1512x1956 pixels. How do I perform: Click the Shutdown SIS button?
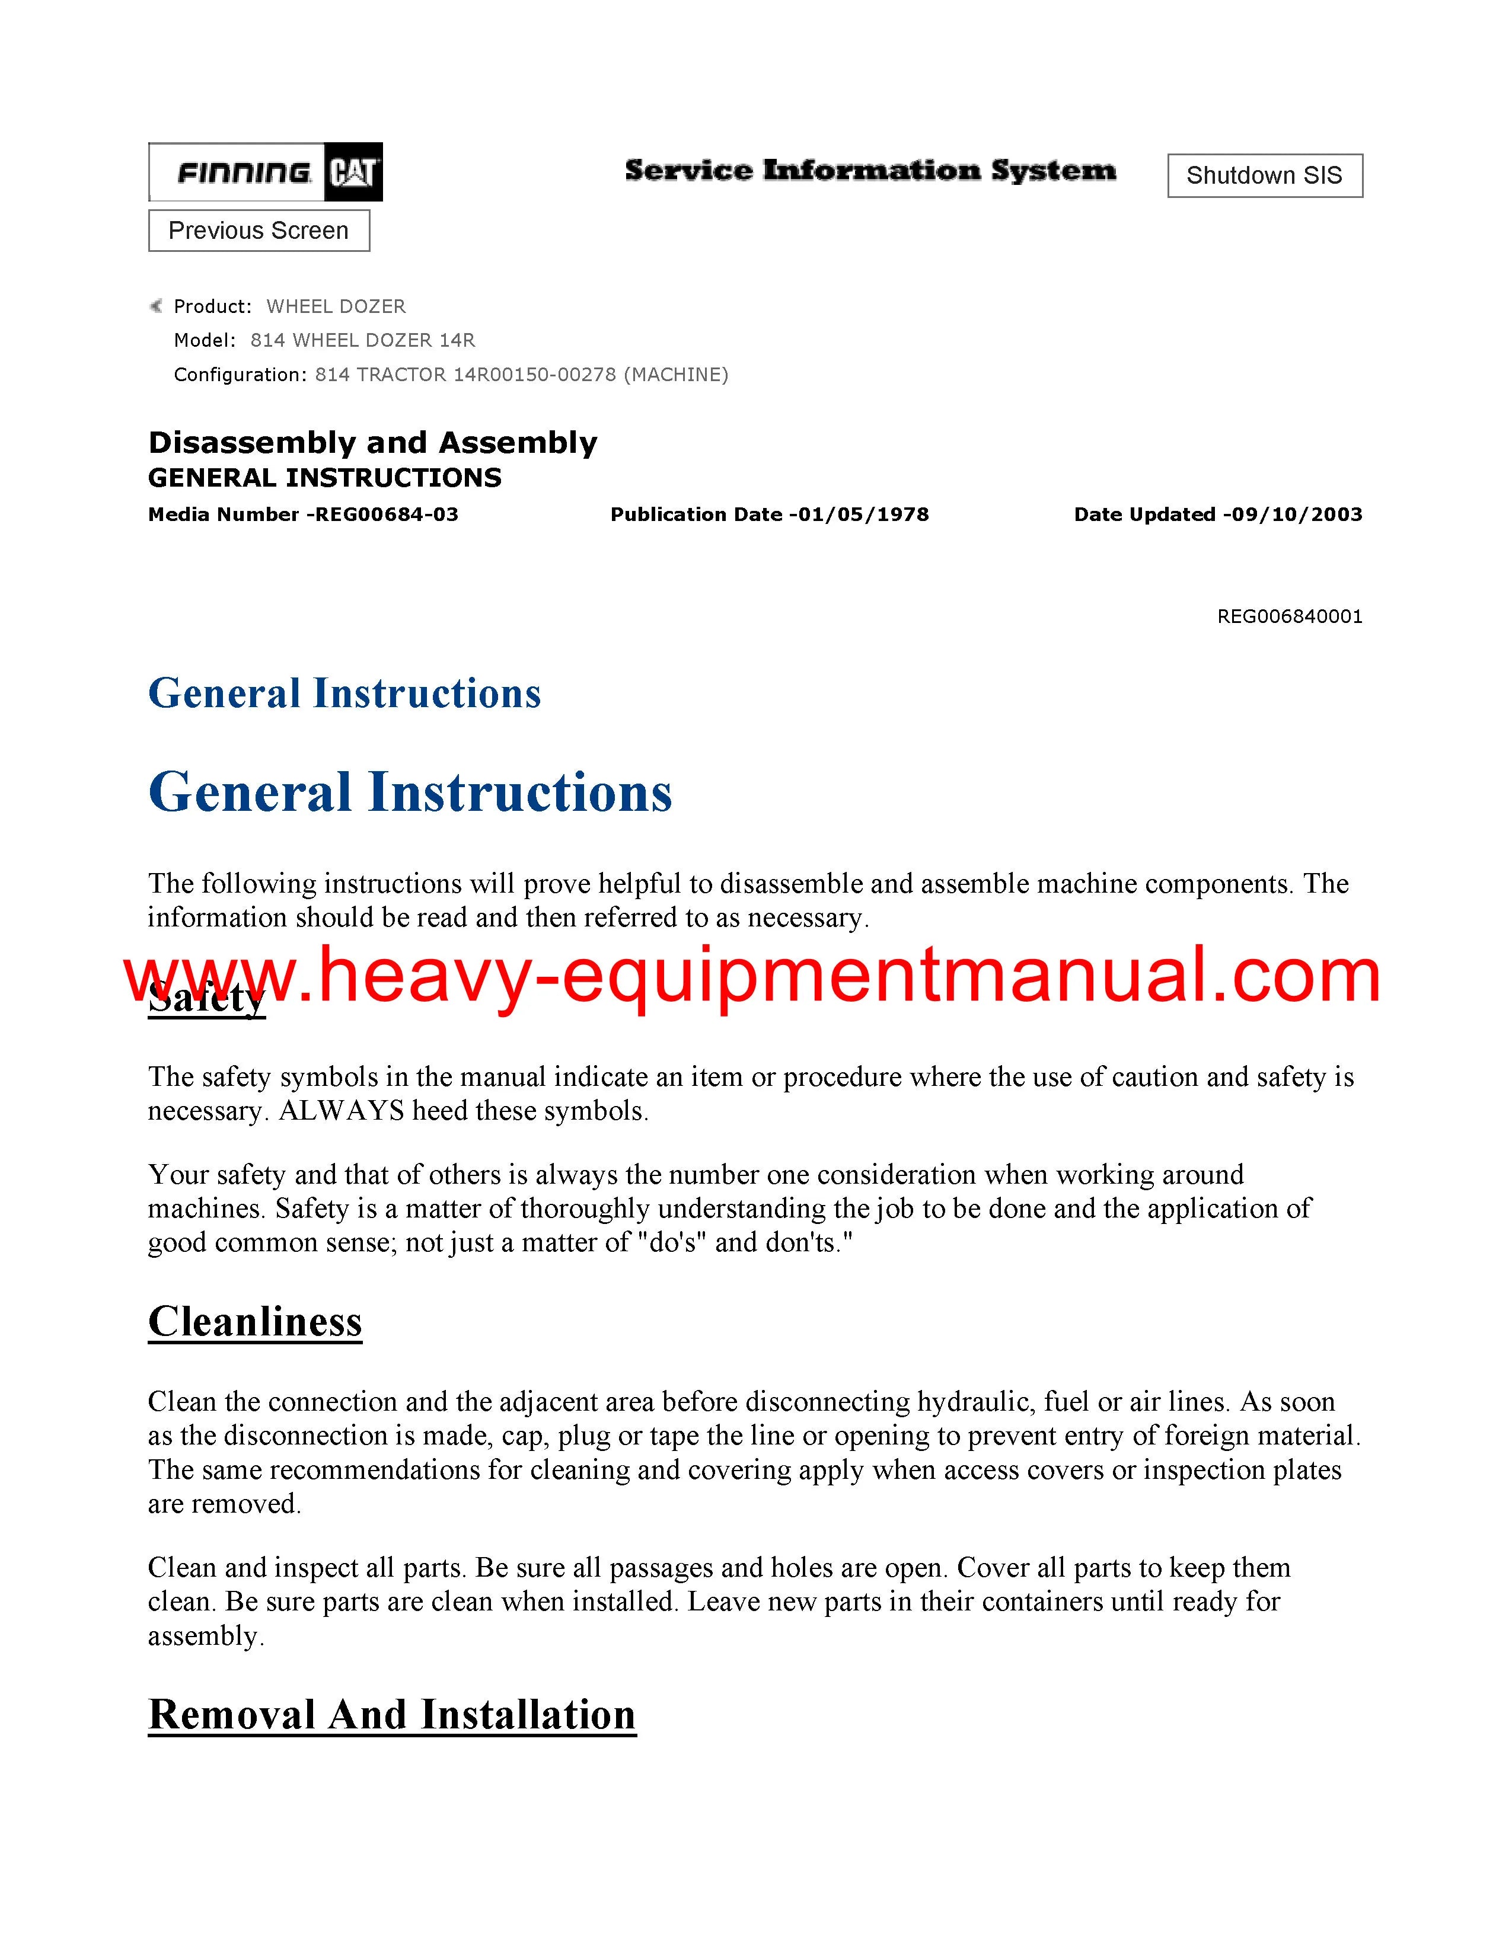(x=1264, y=175)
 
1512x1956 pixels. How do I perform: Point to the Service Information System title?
(x=870, y=170)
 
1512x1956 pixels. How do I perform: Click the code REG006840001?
(x=1289, y=616)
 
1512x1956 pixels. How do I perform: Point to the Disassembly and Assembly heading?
(x=372, y=442)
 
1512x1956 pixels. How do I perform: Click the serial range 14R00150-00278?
(x=535, y=375)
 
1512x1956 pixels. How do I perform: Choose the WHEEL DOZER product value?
(x=336, y=306)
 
